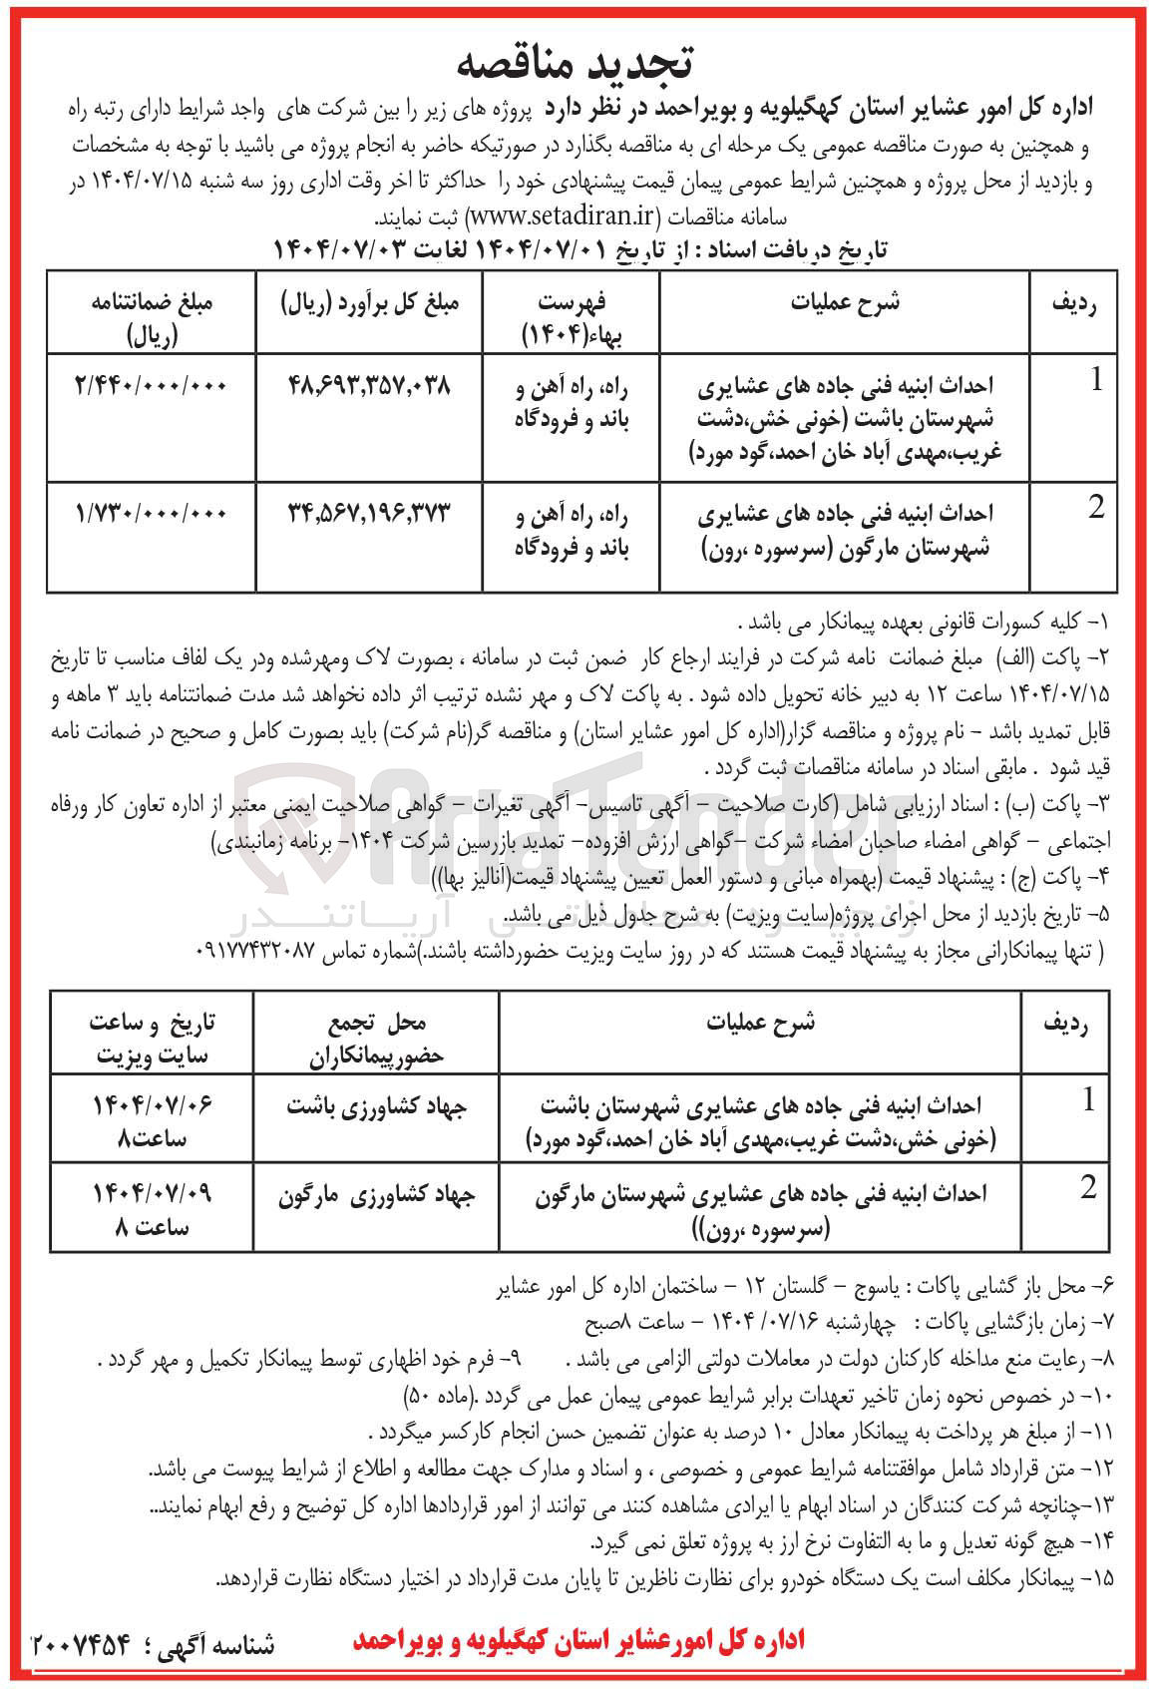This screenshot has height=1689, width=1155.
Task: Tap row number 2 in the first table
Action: click(1095, 508)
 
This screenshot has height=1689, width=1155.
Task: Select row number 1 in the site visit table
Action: click(1087, 1100)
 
